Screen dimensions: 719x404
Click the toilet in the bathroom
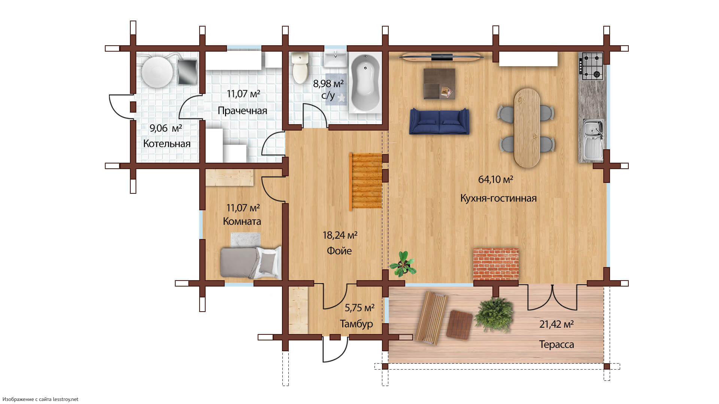click(x=300, y=68)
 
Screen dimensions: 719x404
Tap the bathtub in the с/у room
click(x=365, y=83)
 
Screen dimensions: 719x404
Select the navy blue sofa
click(x=439, y=121)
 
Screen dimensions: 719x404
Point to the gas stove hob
click(x=591, y=66)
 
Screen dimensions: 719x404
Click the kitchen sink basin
click(x=593, y=140)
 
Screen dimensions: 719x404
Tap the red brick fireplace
click(x=496, y=264)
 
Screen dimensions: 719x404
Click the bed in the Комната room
click(x=251, y=262)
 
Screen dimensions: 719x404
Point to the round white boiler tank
click(x=157, y=72)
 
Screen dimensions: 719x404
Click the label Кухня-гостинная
click(x=498, y=198)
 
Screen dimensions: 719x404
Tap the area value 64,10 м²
click(x=495, y=180)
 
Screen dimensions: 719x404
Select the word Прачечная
click(x=242, y=111)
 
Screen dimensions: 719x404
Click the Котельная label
click(x=167, y=144)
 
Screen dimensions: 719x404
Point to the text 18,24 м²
click(x=340, y=235)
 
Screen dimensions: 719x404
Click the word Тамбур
click(x=356, y=324)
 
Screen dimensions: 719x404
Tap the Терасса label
click(x=556, y=344)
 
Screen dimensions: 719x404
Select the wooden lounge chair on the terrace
click(x=431, y=317)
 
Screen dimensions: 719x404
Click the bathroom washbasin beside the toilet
click(x=336, y=59)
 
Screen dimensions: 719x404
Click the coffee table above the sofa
click(x=439, y=84)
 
